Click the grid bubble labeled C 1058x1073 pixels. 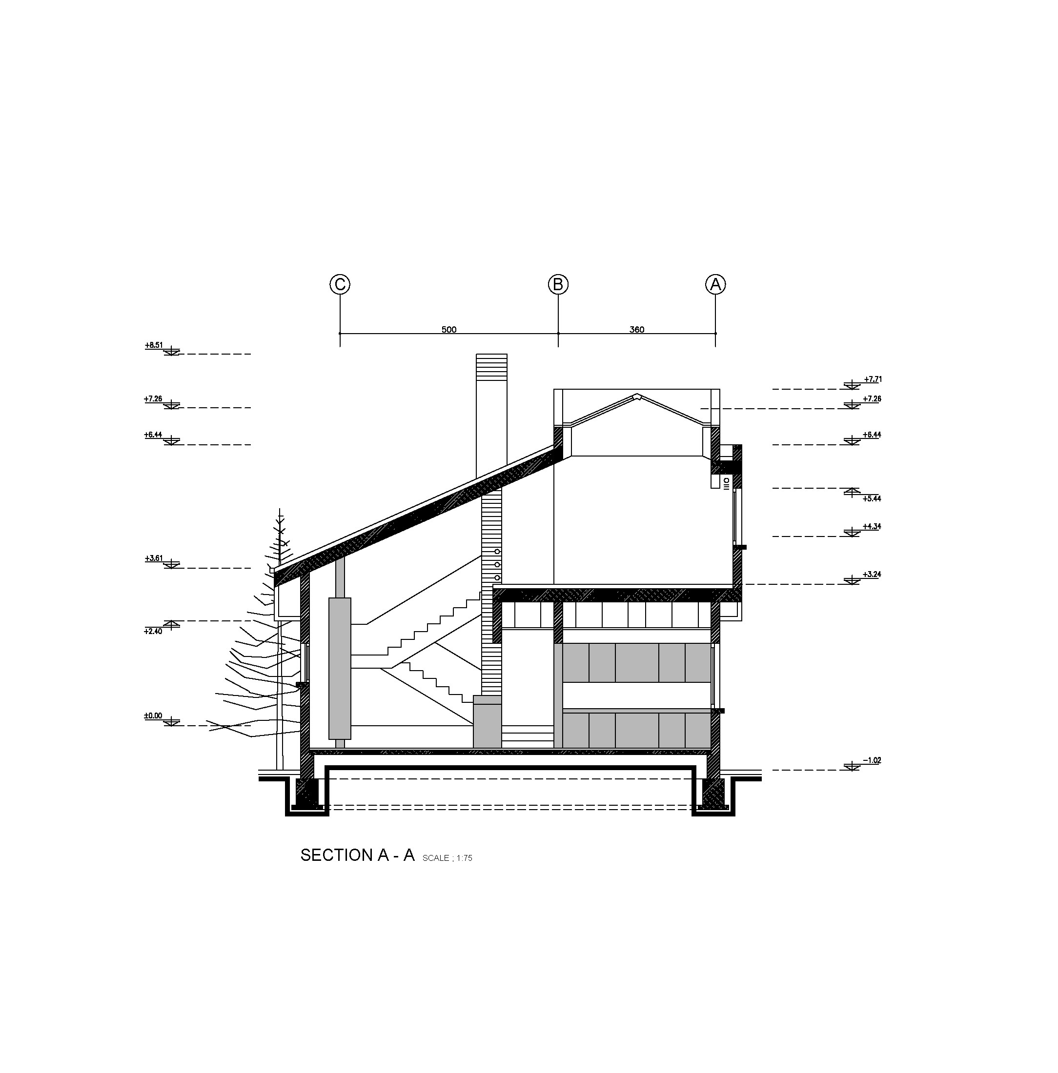340,284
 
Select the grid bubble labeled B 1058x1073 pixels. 558,284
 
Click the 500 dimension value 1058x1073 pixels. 449,329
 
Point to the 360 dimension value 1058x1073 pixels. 637,329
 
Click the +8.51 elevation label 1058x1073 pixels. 154,345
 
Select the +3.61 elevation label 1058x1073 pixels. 154,558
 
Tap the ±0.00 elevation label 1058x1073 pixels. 153,716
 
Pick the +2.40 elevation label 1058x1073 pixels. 153,631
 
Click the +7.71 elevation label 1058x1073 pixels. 873,379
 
